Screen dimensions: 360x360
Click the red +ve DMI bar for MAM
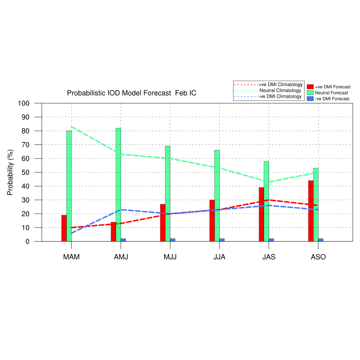tap(64, 228)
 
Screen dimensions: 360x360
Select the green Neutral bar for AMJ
tap(118, 185)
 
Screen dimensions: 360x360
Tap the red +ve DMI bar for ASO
tap(311, 211)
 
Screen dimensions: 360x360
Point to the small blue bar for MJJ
tap(173, 240)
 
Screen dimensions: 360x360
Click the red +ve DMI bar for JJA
tap(212, 221)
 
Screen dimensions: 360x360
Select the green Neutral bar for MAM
tap(69, 186)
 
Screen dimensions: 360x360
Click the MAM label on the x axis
tap(71, 257)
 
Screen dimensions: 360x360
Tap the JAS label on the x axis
tap(269, 257)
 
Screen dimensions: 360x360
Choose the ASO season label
tap(318, 257)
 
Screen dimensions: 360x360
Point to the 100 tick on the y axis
tap(24, 103)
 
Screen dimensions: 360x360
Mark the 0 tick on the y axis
tap(27, 242)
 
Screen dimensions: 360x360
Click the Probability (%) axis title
tap(10, 172)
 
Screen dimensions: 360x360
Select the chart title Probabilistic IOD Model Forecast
tap(131, 93)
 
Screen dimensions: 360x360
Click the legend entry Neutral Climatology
tap(280, 91)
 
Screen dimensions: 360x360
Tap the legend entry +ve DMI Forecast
tap(332, 87)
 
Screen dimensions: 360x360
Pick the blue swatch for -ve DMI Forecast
tap(310, 99)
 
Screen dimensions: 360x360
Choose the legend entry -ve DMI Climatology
tap(280, 97)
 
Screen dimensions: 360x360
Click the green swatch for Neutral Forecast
tap(310, 93)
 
